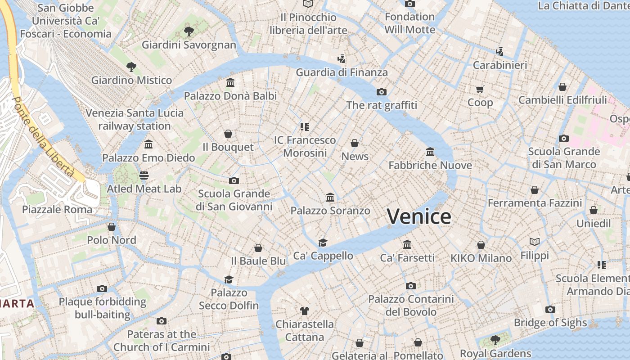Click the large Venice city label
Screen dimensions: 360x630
[x=419, y=216]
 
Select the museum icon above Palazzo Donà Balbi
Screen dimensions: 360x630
[x=230, y=83]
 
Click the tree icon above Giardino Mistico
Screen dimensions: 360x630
[x=131, y=67]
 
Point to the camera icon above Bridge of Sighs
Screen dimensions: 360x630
[x=550, y=309]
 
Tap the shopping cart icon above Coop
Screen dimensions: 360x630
[x=480, y=89]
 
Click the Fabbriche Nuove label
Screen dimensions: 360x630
[x=430, y=165]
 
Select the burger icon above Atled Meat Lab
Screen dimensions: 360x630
[x=144, y=175]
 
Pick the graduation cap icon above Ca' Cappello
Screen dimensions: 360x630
[x=323, y=243]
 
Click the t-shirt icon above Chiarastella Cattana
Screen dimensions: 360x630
[x=305, y=310]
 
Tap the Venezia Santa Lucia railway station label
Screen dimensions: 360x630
[x=135, y=119]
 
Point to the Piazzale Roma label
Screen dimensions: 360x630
[x=57, y=209]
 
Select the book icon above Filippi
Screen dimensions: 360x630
[x=535, y=242]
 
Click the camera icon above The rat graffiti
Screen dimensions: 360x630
[x=382, y=92]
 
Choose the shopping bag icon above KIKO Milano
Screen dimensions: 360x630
[x=481, y=245]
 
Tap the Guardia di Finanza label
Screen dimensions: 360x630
[x=342, y=72]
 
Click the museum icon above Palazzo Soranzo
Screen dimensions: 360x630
[x=330, y=197]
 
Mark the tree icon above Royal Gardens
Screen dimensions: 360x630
[x=495, y=340]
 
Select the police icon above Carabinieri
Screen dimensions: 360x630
[x=499, y=52]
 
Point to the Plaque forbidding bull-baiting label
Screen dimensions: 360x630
[x=103, y=308]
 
